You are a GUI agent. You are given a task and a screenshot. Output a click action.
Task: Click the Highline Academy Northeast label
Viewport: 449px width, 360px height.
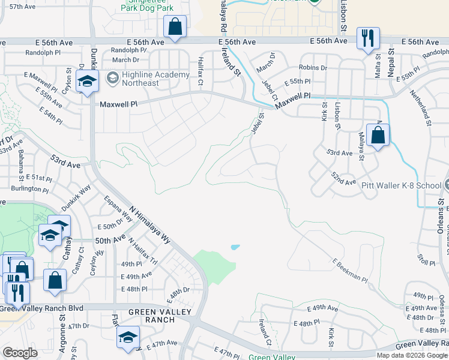pos(147,79)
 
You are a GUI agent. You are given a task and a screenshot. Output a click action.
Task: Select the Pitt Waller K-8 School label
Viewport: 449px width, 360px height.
pos(401,185)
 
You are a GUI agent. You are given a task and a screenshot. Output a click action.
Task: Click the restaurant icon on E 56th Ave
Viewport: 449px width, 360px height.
pos(367,38)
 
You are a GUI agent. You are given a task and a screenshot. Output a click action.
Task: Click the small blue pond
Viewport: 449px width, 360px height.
pos(235,247)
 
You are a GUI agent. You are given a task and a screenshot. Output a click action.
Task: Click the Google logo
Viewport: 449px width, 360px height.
pos(20,352)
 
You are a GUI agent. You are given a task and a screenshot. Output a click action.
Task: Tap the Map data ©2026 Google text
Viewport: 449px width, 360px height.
pos(411,355)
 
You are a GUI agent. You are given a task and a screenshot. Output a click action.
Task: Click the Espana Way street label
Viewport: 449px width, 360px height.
pos(118,209)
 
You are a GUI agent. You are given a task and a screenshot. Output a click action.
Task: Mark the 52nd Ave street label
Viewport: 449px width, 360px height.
pos(343,178)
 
